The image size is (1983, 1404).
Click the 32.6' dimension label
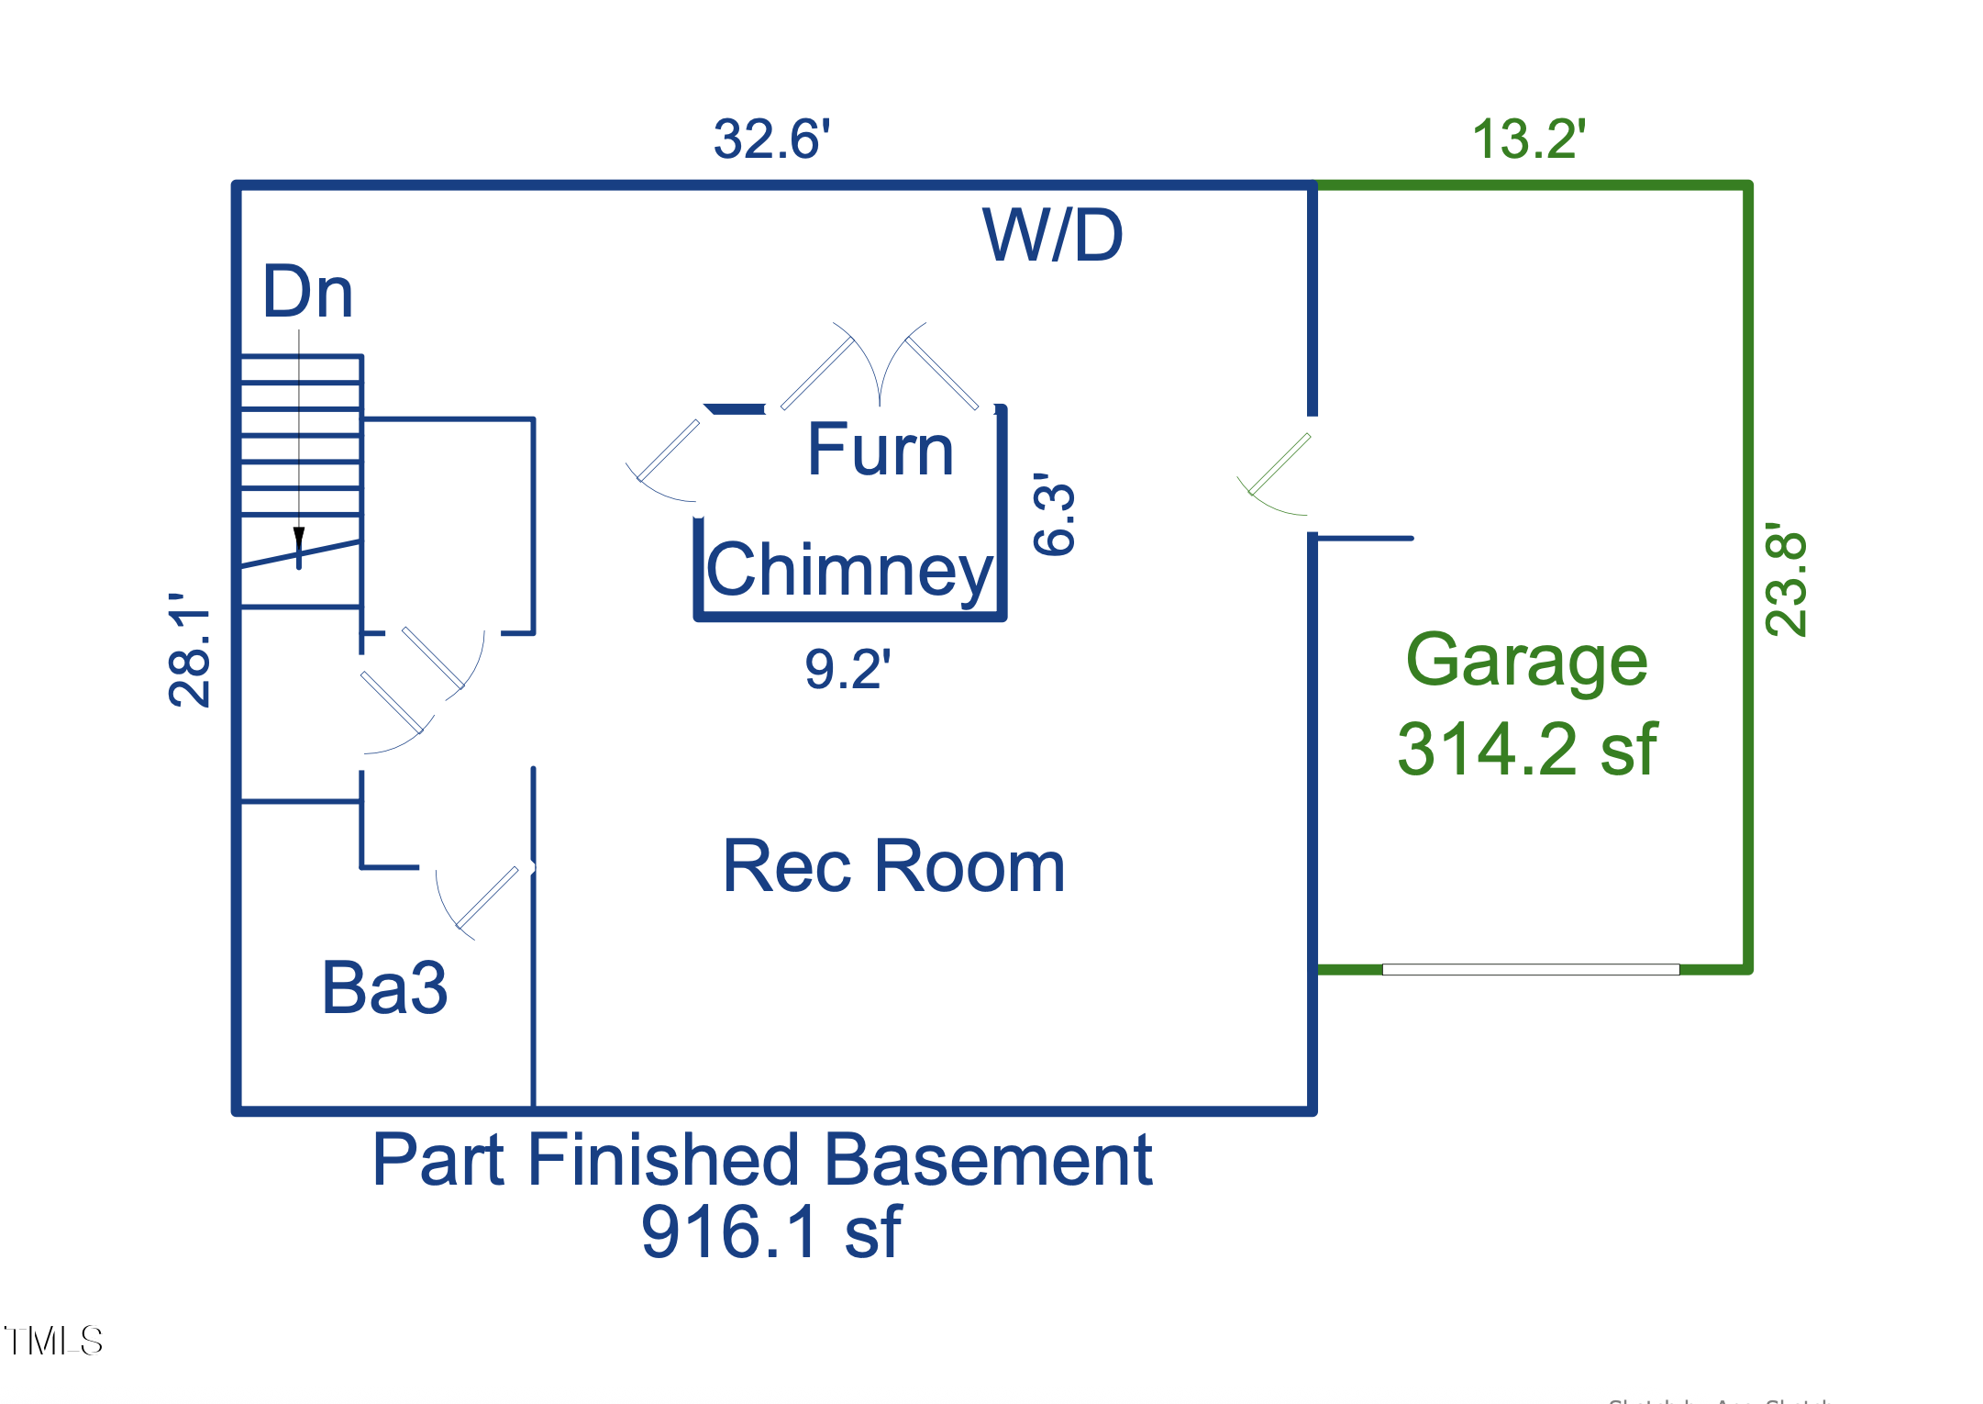[771, 140]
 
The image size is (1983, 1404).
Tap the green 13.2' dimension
[1528, 140]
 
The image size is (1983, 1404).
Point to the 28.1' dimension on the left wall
[190, 650]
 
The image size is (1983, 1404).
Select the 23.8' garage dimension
[1786, 579]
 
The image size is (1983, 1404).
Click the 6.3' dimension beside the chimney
[1053, 514]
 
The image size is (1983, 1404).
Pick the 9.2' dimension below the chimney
[847, 669]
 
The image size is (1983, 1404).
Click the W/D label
[1052, 236]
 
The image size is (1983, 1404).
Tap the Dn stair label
[307, 292]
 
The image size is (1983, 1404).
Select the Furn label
[880, 450]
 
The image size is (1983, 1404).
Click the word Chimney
[848, 570]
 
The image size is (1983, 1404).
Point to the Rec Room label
[893, 866]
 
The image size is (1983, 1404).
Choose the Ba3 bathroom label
[384, 988]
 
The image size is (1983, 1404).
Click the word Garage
[1526, 661]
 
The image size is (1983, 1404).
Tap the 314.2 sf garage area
[1526, 750]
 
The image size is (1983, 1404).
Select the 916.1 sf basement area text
[770, 1231]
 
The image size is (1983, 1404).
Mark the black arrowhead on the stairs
[299, 539]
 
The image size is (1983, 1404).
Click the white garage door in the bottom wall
[1530, 969]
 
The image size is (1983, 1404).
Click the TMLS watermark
[53, 1342]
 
